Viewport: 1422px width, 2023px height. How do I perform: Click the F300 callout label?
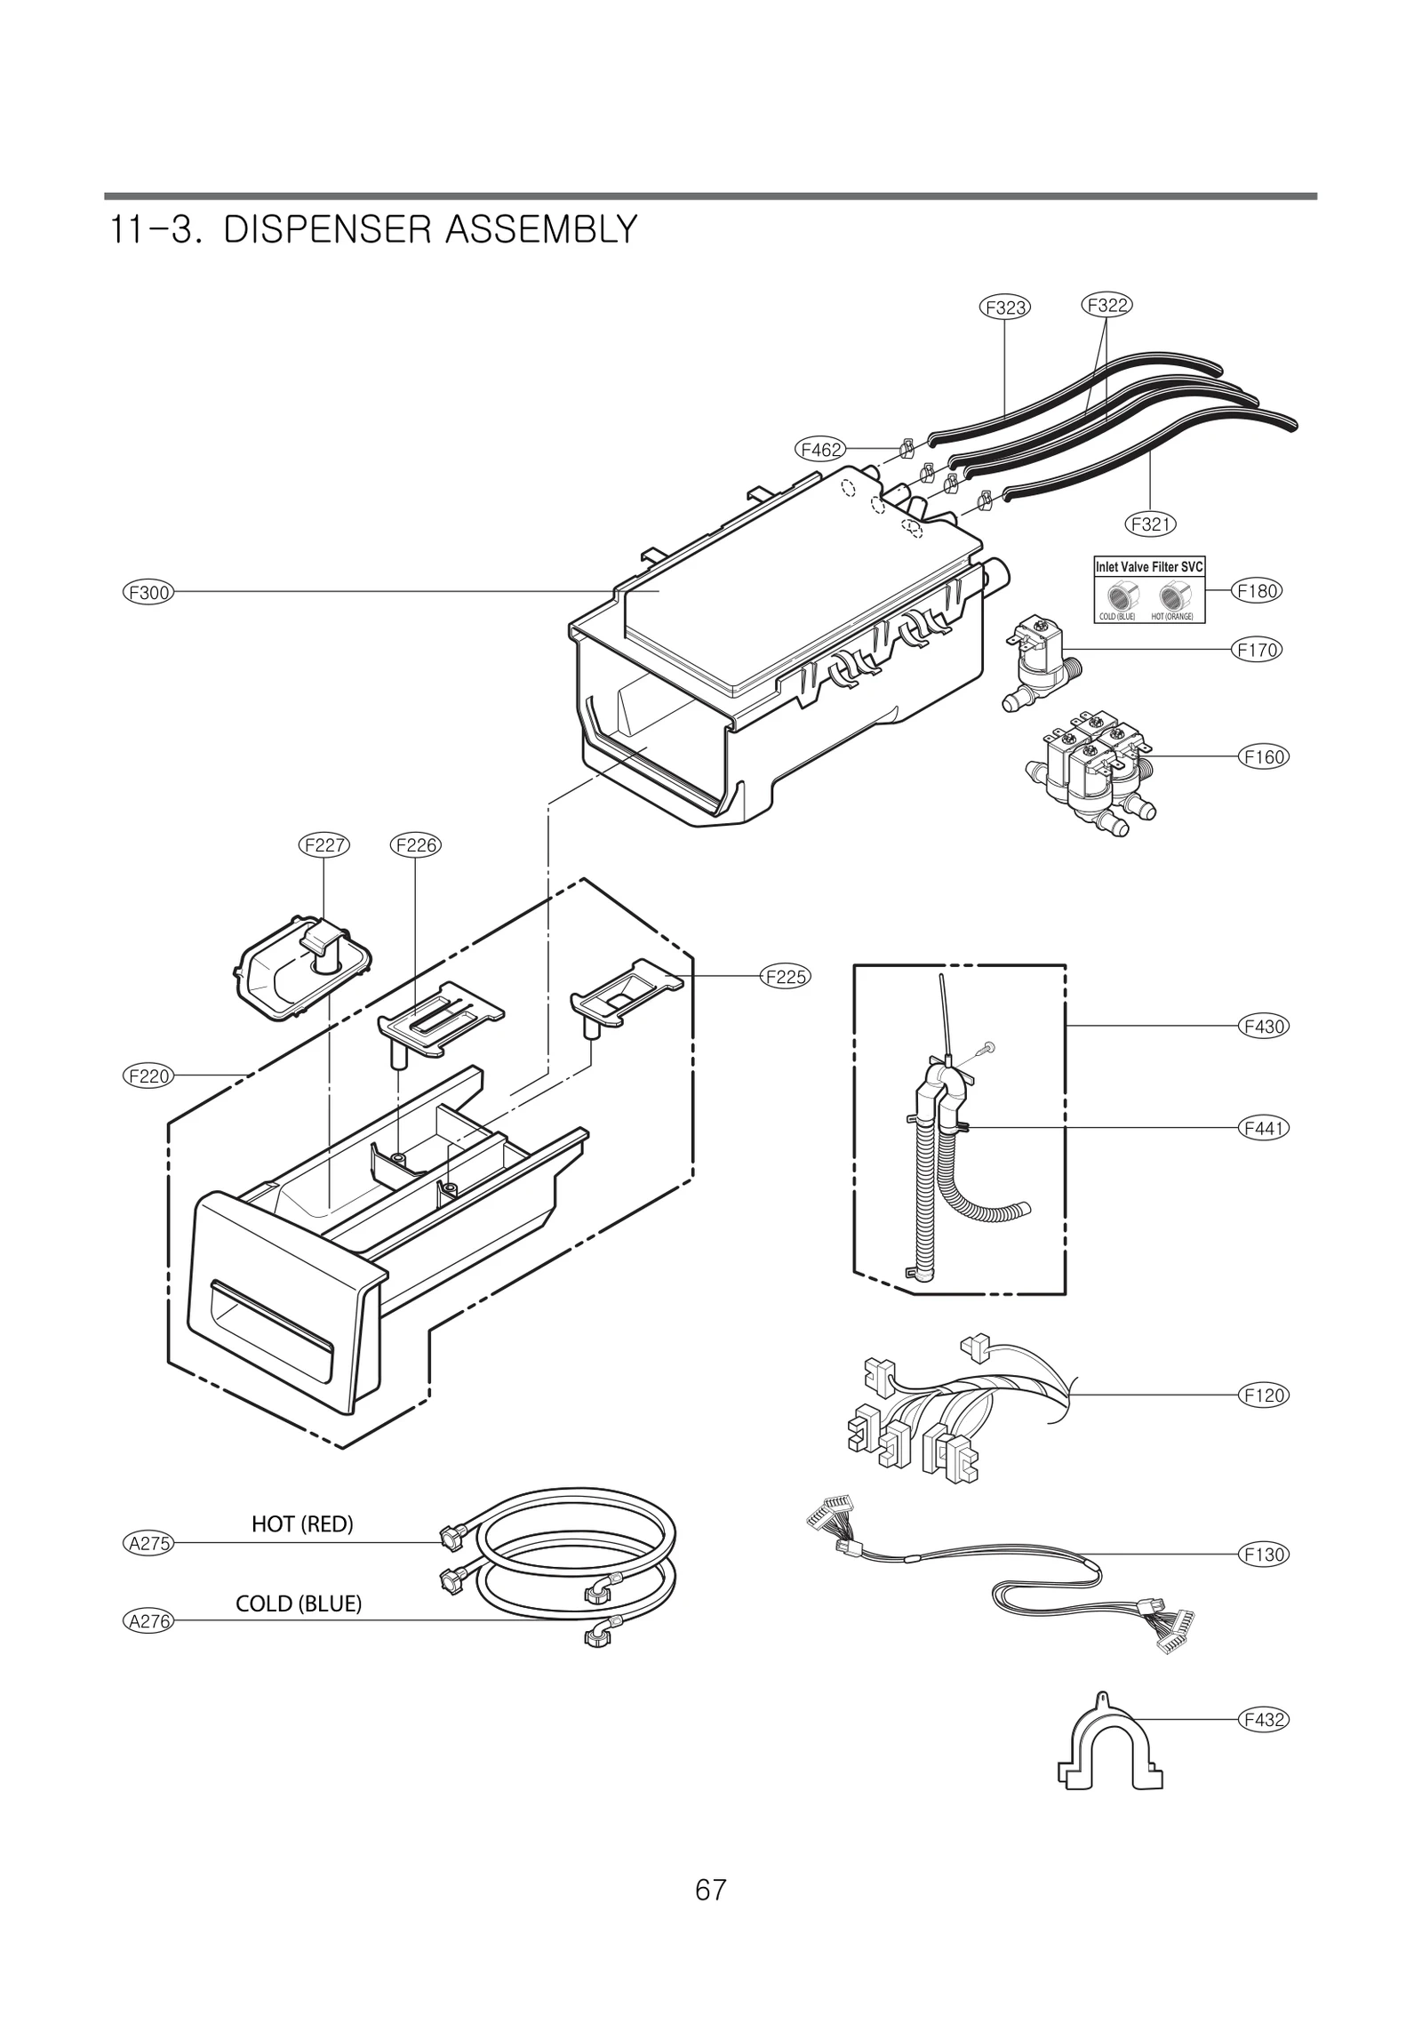(x=148, y=592)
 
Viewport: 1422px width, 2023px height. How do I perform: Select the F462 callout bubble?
(x=819, y=450)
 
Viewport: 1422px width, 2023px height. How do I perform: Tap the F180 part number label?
(x=1257, y=590)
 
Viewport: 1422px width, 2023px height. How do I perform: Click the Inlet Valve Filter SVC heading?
(x=1149, y=567)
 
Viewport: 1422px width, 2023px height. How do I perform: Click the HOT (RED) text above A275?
(x=302, y=1524)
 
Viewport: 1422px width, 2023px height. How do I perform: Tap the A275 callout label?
(x=148, y=1543)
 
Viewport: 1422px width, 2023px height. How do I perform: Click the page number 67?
(x=711, y=1890)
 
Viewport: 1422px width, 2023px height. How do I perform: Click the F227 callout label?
(x=324, y=845)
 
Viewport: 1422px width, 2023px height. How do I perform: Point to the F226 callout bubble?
(x=416, y=845)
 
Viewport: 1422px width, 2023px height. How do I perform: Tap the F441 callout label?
(x=1263, y=1129)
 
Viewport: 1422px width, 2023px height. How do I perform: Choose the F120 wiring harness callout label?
(x=1263, y=1395)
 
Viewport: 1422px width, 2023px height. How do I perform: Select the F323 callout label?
(x=1005, y=308)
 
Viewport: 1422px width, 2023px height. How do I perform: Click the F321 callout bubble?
(x=1151, y=524)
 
